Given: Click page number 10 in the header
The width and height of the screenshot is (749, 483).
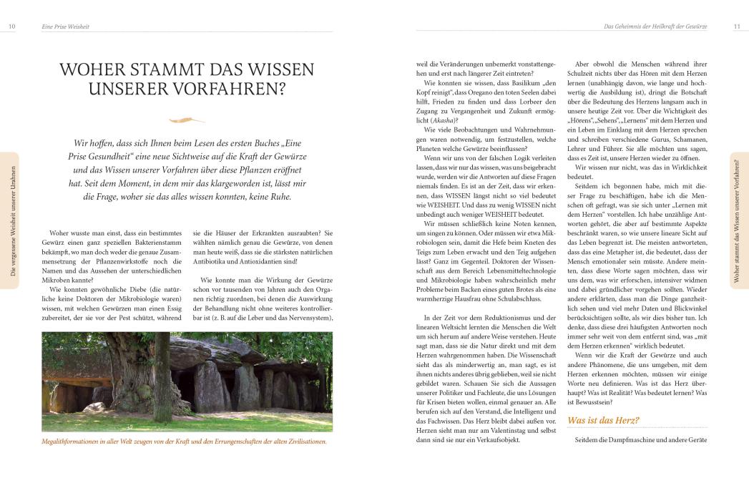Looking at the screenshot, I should click(x=11, y=26).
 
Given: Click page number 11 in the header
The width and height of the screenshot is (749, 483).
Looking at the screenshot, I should click(x=737, y=26).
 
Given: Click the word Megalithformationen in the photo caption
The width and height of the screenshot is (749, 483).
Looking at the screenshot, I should click(x=79, y=441).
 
